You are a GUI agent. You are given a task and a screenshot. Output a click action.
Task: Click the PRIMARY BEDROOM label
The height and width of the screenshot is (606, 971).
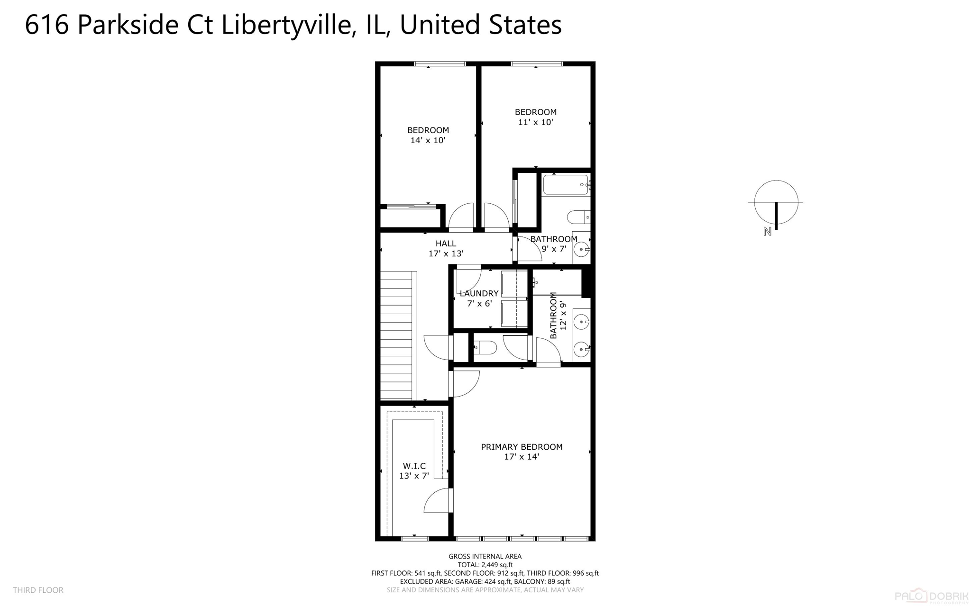coord(522,447)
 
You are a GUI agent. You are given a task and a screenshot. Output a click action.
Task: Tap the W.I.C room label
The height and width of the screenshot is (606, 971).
coord(414,466)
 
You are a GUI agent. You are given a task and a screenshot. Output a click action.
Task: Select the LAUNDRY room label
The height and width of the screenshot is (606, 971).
coord(479,293)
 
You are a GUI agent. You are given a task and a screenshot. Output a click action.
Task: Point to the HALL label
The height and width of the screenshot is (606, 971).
coord(446,244)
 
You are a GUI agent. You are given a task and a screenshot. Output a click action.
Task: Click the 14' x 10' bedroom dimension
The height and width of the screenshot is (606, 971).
coord(428,140)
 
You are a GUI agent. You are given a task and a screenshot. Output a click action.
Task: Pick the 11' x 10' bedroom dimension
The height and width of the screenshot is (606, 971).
coord(535,122)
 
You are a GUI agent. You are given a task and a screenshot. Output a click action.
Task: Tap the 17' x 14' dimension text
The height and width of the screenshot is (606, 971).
coord(522,457)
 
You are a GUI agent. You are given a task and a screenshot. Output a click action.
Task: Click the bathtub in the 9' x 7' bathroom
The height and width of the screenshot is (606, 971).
coord(565,185)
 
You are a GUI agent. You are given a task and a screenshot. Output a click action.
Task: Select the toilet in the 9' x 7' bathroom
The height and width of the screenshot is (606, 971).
coord(577,217)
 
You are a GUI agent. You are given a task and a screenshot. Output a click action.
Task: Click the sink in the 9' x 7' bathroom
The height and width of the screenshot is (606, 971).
coord(581,249)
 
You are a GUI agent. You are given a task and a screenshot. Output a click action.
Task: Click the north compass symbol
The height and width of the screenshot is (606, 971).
coord(776,202)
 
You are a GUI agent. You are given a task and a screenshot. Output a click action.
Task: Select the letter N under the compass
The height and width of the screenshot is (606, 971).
coord(767,232)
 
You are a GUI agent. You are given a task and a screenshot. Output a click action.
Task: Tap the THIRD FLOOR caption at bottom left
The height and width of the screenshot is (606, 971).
coord(38,590)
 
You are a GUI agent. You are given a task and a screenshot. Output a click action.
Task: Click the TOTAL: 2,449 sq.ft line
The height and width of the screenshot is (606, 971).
coord(485,565)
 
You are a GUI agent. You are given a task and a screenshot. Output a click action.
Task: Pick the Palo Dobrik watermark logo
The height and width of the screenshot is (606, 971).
coord(931,596)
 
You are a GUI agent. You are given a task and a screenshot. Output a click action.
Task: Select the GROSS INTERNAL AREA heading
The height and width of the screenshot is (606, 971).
coord(485,556)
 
